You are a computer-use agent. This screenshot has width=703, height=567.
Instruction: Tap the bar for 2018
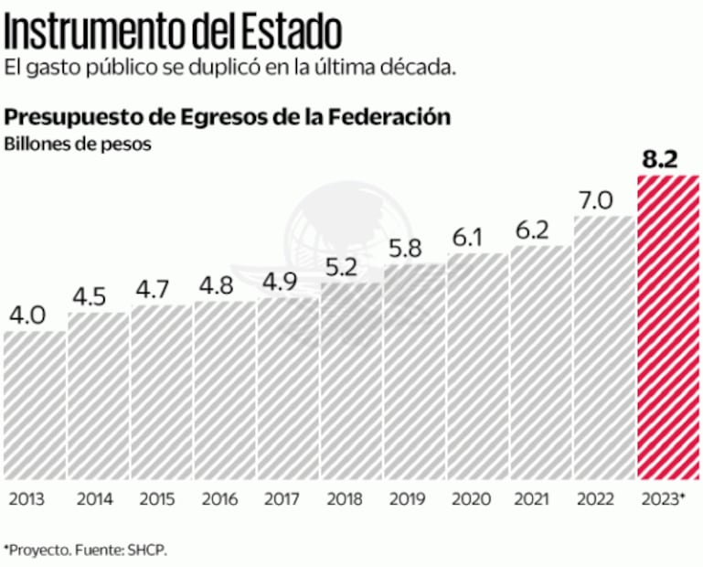(351, 380)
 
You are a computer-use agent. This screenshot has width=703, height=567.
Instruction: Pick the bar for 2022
(603, 348)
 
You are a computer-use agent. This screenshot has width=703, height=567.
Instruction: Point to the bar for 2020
(477, 366)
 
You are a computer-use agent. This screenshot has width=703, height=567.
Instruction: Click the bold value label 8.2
(659, 160)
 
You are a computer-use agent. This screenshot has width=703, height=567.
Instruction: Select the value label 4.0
(28, 316)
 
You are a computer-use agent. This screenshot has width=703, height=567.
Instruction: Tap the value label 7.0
(595, 200)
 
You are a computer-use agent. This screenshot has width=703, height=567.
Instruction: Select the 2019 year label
(407, 499)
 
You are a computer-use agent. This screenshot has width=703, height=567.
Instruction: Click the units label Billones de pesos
(77, 144)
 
